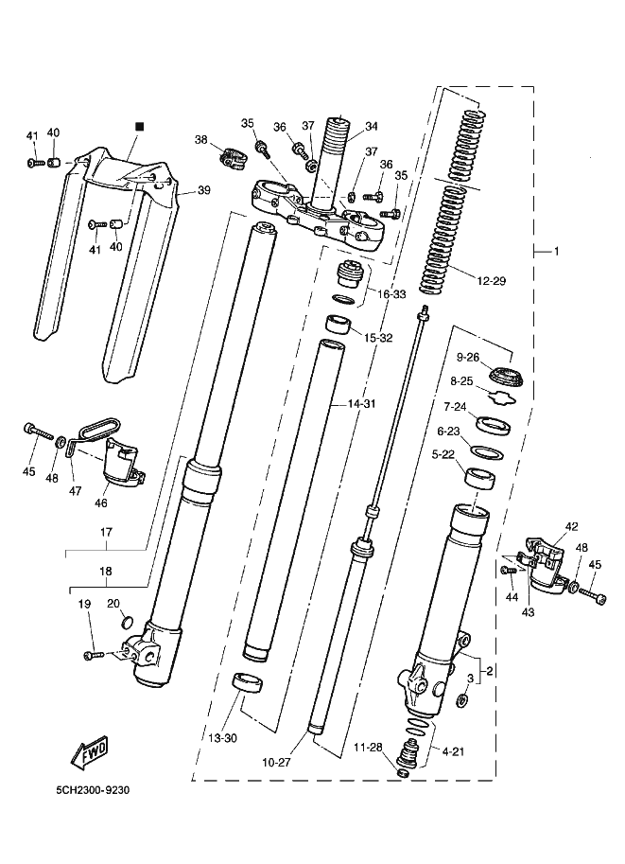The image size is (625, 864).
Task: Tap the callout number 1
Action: point(556,252)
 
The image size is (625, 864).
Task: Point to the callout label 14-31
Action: point(361,404)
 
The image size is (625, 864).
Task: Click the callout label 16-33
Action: point(391,294)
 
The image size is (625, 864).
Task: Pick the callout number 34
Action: point(372,126)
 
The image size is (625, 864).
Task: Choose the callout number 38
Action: point(200,139)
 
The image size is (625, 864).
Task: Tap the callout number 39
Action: point(203,190)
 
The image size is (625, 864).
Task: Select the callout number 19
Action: point(83,603)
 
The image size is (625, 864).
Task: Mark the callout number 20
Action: point(113,603)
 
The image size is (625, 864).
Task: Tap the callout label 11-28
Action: point(368,748)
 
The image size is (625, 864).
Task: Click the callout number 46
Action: point(101,503)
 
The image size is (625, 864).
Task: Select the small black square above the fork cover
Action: point(139,126)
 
